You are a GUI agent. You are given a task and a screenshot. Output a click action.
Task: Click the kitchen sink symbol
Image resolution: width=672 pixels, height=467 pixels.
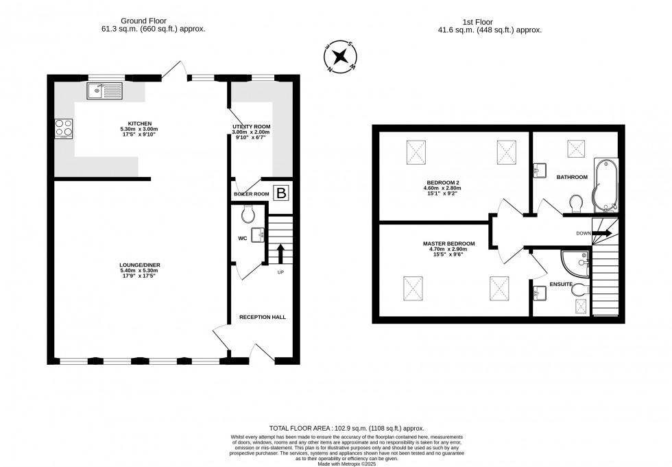[104, 89]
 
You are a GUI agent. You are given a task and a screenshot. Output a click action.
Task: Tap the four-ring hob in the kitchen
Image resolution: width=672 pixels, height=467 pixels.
[64, 128]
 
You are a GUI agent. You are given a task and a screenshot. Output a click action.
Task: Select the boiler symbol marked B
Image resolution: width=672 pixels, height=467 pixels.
[280, 193]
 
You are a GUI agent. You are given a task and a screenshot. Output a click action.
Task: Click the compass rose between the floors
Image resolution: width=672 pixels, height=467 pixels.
[340, 56]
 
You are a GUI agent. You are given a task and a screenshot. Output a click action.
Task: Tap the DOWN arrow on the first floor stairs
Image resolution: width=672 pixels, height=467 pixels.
[602, 233]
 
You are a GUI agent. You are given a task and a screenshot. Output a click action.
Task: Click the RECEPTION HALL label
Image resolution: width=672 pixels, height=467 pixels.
[263, 318]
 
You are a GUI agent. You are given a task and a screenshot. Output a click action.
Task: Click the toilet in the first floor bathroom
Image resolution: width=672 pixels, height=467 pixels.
[576, 202]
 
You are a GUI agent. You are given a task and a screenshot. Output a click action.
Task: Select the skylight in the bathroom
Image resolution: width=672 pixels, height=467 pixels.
[575, 148]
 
